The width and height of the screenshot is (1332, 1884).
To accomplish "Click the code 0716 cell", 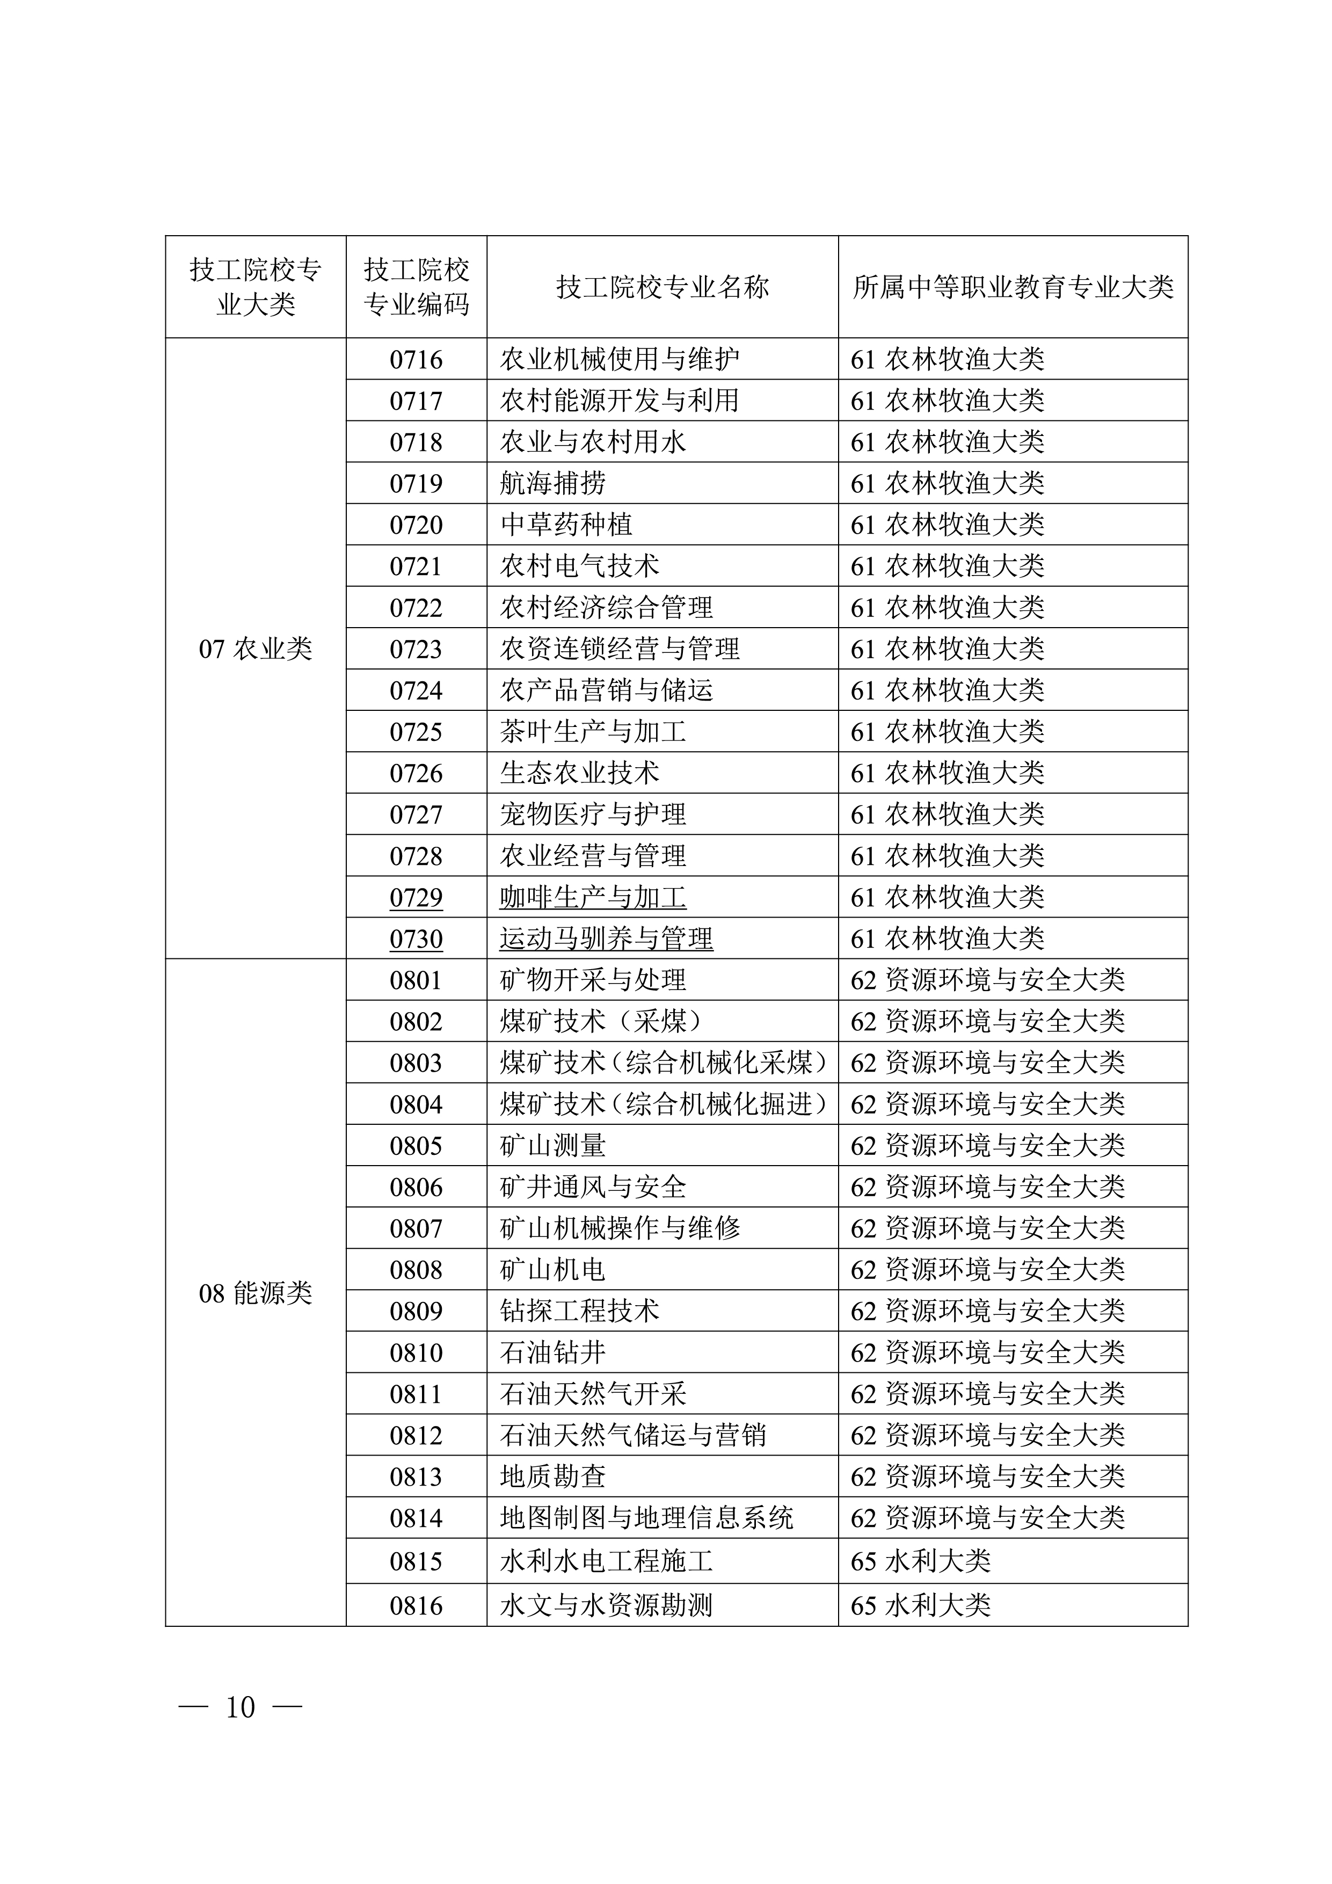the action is [x=416, y=359].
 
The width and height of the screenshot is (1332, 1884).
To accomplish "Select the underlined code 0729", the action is [x=416, y=898].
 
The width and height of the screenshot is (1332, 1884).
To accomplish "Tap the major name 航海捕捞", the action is [x=552, y=483].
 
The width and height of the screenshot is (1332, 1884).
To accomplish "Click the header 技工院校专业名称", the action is [x=663, y=287].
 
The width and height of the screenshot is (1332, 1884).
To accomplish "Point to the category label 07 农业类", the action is [x=255, y=649].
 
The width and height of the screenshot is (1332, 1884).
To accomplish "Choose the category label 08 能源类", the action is [x=255, y=1294].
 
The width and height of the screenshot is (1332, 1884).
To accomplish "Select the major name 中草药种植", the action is [x=566, y=525].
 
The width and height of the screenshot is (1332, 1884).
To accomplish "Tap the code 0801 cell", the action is [x=416, y=980].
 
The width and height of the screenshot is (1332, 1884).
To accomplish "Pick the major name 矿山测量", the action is [x=552, y=1146].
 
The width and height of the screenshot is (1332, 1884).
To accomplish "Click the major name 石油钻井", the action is [x=552, y=1352].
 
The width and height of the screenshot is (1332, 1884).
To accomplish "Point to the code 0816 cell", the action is [x=416, y=1605].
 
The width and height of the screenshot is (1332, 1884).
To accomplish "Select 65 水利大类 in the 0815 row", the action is [x=921, y=1561].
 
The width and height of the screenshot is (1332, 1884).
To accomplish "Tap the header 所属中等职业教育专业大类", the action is [x=1013, y=287].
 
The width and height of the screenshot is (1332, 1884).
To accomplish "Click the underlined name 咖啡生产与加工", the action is [x=593, y=898].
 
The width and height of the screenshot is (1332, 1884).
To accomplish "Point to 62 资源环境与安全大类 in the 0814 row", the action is [x=987, y=1518].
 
